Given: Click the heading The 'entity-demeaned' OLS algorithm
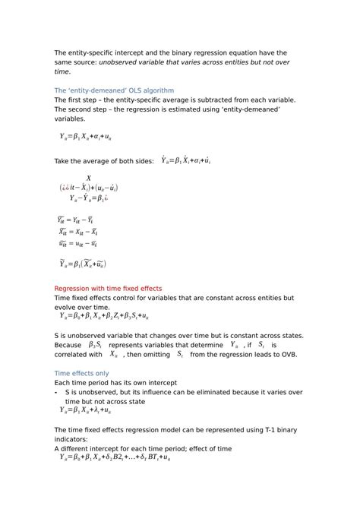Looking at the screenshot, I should coord(114,90).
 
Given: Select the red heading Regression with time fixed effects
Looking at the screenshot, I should coord(108,289).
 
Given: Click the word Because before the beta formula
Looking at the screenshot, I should coord(69,345).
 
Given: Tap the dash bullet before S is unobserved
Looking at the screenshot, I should coord(56,392).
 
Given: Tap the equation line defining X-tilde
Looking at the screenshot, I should coord(77,231).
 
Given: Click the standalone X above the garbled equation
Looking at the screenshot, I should coord(89,178).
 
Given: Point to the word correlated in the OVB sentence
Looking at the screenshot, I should coord(77,354).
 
